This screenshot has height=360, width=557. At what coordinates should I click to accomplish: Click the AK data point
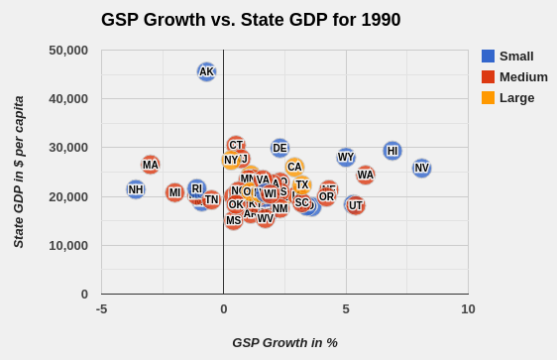[206, 71]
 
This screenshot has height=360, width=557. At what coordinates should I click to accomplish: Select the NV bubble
[421, 169]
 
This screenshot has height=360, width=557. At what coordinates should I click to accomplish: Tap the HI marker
[392, 151]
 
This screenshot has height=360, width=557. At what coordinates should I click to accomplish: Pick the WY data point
[346, 157]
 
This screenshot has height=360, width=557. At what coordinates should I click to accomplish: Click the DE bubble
[279, 148]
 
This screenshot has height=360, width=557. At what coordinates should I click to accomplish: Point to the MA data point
[150, 165]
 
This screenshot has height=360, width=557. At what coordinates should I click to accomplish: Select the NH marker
[136, 189]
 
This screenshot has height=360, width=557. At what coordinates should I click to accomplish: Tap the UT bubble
[356, 205]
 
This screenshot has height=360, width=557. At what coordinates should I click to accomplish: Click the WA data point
[366, 175]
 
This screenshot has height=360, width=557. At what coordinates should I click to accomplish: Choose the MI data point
[174, 192]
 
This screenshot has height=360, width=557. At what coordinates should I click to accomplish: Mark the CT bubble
[236, 145]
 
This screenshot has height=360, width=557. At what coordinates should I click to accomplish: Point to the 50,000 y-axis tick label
[68, 51]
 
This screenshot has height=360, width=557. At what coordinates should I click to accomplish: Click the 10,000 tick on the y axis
[68, 246]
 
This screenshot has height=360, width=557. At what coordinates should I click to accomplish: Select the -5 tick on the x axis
[102, 309]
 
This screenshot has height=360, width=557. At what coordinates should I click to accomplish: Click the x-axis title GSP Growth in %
[285, 342]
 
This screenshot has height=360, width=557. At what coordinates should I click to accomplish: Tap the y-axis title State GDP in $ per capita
[19, 172]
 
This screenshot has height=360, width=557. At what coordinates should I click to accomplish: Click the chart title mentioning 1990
[251, 20]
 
